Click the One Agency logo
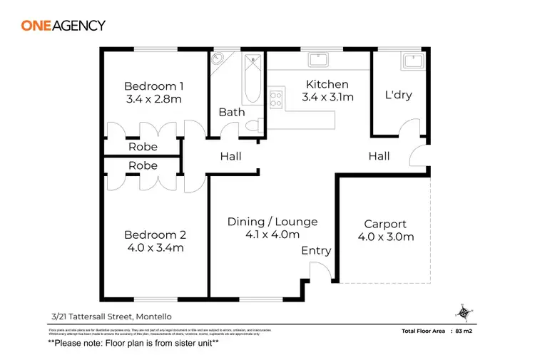(x=63, y=26)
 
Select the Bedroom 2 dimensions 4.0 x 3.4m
(x=154, y=248)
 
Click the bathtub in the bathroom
(x=250, y=81)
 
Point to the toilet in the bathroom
(x=251, y=125)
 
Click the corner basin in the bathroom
(x=218, y=59)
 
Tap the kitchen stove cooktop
(x=277, y=99)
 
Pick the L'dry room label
(x=398, y=95)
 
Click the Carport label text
(x=384, y=224)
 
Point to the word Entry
(x=316, y=250)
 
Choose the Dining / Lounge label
(x=272, y=222)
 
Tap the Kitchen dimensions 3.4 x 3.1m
(x=327, y=97)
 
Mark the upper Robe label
(x=143, y=148)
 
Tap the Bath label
(x=232, y=112)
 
